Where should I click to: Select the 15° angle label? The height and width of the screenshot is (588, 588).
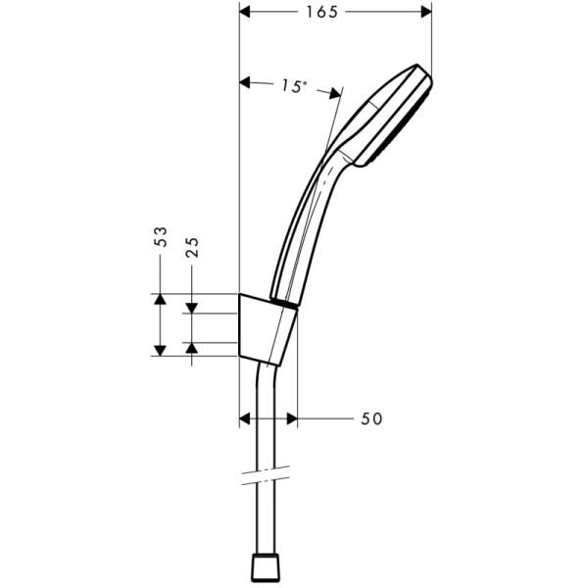pos(290,85)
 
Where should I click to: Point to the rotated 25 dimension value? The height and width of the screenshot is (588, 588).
pos(193,247)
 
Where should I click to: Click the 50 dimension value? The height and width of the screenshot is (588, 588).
pos(370,418)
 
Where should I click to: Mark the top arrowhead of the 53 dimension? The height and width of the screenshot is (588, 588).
pos(159,300)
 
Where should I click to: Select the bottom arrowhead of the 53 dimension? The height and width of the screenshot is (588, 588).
pos(159,349)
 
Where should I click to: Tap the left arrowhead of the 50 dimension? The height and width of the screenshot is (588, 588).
pos(246,418)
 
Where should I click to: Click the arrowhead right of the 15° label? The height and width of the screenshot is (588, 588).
pos(333,93)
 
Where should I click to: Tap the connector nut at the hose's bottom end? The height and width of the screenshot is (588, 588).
pos(265,569)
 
